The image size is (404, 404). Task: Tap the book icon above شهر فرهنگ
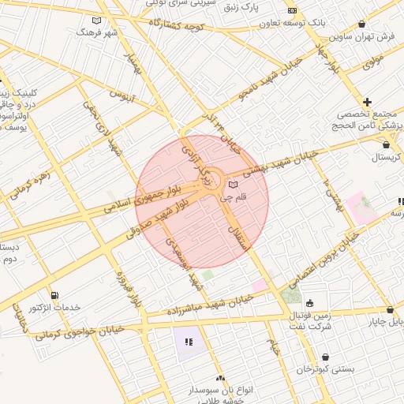[x=97, y=21]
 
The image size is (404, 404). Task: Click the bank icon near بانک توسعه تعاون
[x=292, y=11]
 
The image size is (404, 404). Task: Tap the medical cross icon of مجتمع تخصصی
[x=367, y=102]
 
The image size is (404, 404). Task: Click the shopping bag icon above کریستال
[x=385, y=145]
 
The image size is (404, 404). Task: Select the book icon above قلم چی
[x=232, y=185]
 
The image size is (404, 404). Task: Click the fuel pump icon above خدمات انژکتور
[x=54, y=294]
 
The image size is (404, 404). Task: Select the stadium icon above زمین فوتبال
[x=309, y=302]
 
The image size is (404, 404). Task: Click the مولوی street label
[x=373, y=59]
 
